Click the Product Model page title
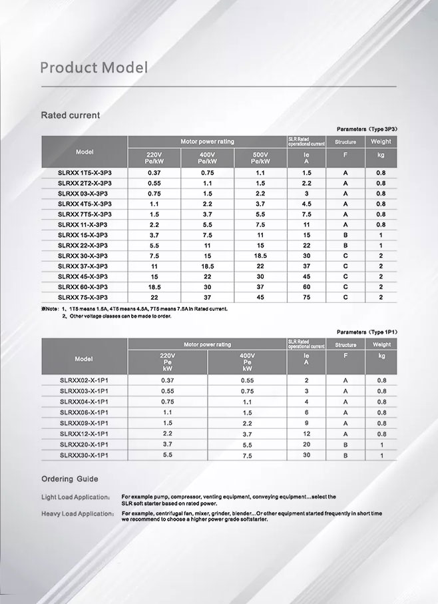point(93,68)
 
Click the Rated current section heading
point(71,115)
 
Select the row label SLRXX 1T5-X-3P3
point(85,172)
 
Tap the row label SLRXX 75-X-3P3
point(83,297)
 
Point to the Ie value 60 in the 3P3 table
point(306,286)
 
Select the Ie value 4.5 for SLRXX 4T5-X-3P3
point(306,204)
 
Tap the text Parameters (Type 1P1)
point(367,331)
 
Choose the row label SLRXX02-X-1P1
point(84,380)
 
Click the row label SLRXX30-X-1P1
point(84,455)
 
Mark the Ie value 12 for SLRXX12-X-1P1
point(306,434)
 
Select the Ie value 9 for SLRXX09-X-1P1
point(306,423)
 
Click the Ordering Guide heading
point(69,479)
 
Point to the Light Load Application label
point(75,497)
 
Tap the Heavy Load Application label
point(77,514)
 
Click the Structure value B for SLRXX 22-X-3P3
point(345,245)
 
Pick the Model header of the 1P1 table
point(84,358)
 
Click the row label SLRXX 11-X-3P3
point(83,224)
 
